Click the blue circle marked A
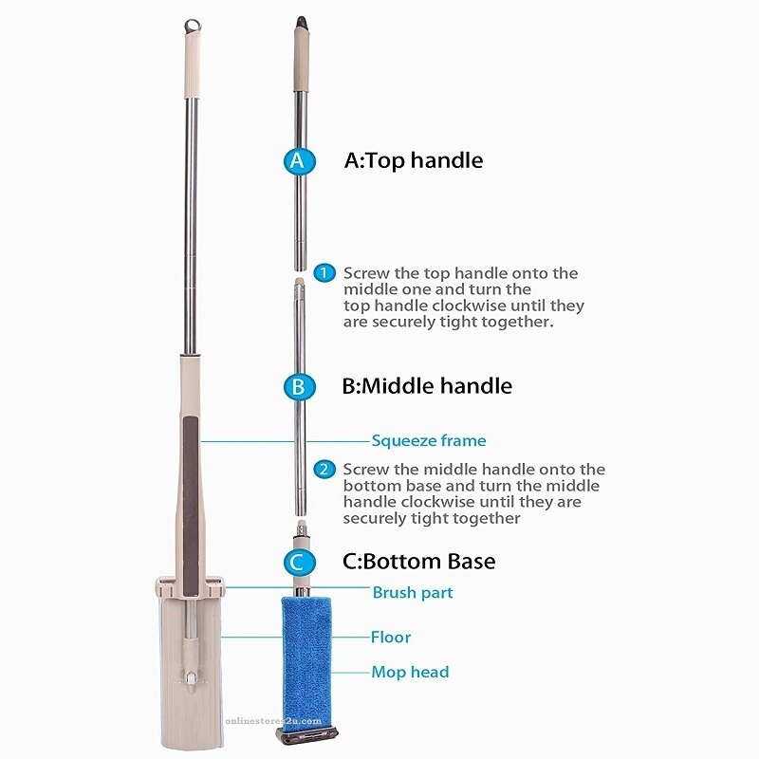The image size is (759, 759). [299, 160]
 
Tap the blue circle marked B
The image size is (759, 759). [299, 387]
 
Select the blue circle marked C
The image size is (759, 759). [299, 563]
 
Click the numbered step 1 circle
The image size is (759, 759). [324, 273]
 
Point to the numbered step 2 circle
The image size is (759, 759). [324, 469]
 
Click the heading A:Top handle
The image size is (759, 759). [414, 160]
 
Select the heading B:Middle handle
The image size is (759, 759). [427, 386]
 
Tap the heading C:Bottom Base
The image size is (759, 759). [418, 562]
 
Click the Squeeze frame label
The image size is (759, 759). [429, 440]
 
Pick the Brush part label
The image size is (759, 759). [413, 592]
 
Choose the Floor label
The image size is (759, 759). [391, 637]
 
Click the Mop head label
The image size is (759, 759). [410, 672]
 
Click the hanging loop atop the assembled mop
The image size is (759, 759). [193, 27]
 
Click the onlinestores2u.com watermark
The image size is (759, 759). [273, 721]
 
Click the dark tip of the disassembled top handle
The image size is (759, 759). [301, 22]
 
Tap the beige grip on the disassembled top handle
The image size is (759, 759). [301, 59]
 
